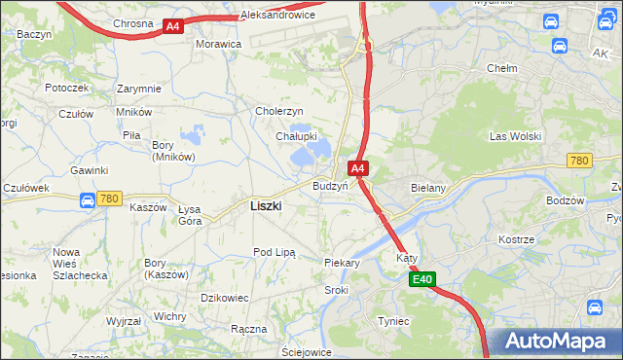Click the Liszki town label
click(266, 206)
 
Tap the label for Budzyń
click(330, 186)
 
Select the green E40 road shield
click(421, 280)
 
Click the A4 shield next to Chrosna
click(172, 26)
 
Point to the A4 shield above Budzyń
click(358, 168)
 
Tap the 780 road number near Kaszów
click(109, 198)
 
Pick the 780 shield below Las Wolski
click(580, 161)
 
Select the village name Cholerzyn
click(279, 111)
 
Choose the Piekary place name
click(342, 263)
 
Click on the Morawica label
click(218, 45)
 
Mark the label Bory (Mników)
click(173, 151)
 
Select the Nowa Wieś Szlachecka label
click(66, 264)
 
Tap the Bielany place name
click(428, 187)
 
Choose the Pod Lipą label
click(275, 252)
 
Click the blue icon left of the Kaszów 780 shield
click(86, 199)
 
